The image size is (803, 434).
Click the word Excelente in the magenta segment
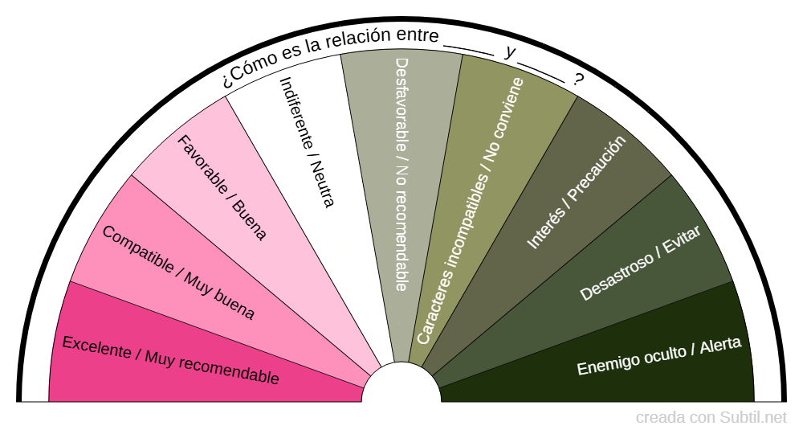[x=96, y=347]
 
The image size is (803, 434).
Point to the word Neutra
[x=320, y=186]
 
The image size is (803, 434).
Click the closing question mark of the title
[x=578, y=80]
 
